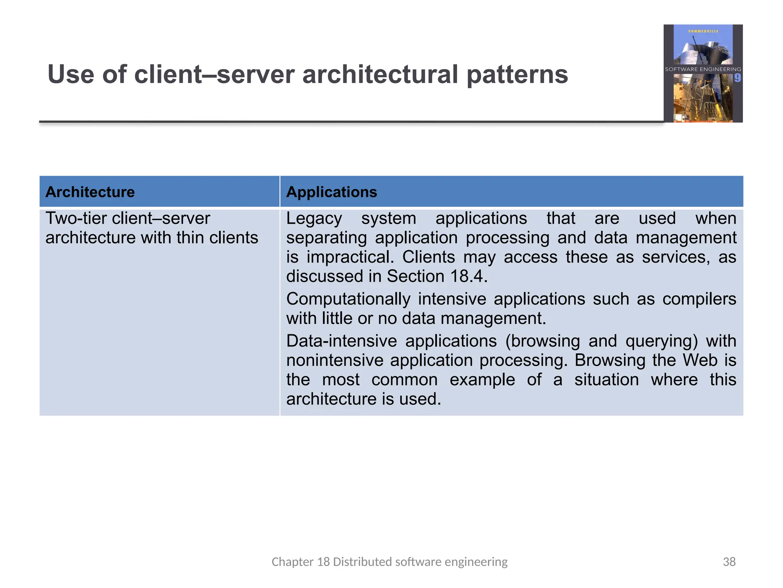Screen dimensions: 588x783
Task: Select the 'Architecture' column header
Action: click(90, 192)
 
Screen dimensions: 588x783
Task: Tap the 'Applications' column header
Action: click(331, 192)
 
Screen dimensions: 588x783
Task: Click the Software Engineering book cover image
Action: click(703, 73)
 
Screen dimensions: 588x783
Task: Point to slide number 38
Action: click(729, 562)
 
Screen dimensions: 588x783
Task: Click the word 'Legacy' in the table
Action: click(314, 219)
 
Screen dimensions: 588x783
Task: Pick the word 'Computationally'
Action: click(348, 299)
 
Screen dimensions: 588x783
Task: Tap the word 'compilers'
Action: click(699, 299)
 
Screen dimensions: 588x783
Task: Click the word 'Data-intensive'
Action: click(341, 341)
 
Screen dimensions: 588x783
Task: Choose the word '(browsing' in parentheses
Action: click(543, 341)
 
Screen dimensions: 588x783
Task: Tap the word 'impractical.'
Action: click(350, 257)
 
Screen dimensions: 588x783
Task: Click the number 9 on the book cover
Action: click(737, 78)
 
